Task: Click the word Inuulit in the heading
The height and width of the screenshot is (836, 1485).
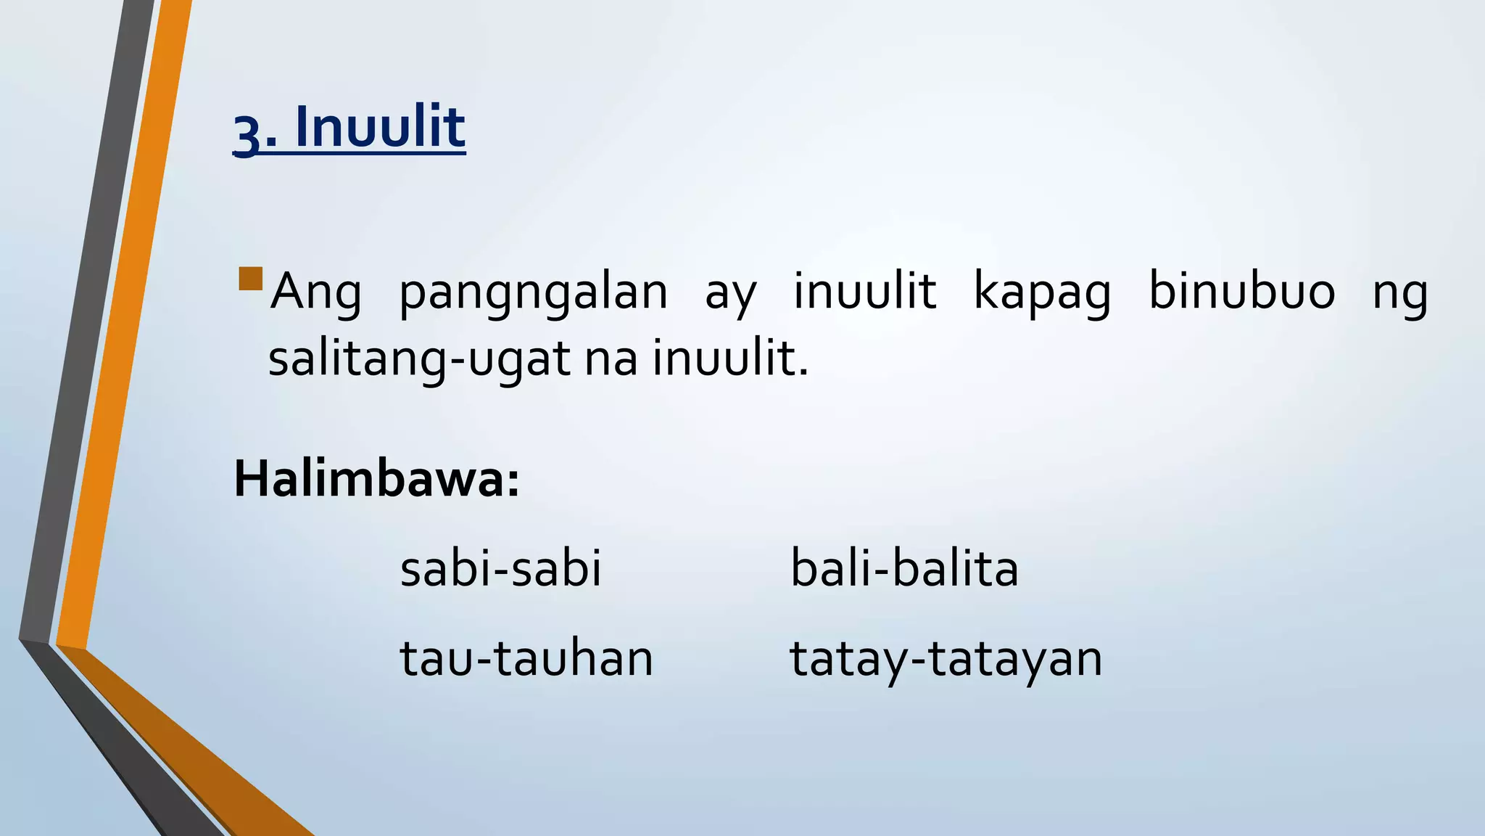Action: click(x=380, y=128)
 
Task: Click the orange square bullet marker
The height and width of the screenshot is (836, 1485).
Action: click(x=250, y=279)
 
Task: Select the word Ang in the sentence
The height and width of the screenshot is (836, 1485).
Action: click(x=315, y=293)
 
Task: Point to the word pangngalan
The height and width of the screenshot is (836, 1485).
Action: click(x=533, y=293)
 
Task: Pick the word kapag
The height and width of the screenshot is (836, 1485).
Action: click(x=1042, y=293)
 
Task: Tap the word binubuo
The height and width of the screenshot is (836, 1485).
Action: click(x=1241, y=292)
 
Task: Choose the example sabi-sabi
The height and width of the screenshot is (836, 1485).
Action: click(x=500, y=568)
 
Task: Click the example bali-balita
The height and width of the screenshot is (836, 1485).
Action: click(x=903, y=568)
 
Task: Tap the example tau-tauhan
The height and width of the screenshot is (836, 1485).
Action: click(x=526, y=658)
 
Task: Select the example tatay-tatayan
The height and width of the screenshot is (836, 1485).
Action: click(x=946, y=660)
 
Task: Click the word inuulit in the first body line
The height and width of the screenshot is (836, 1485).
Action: click(x=864, y=292)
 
